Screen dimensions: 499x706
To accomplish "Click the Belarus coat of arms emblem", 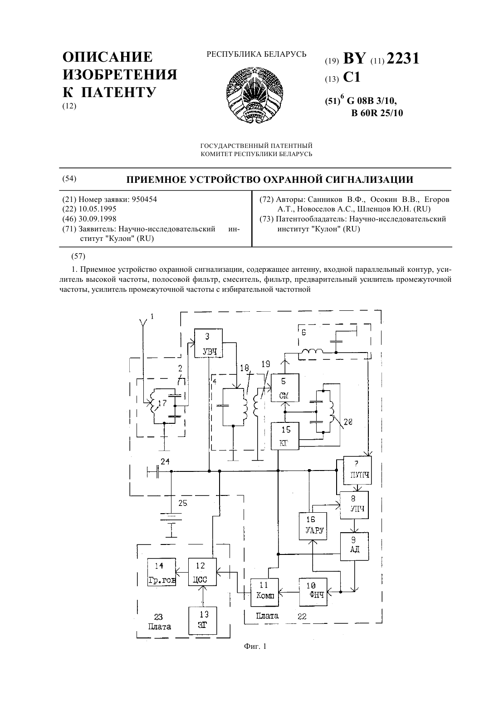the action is (254, 95).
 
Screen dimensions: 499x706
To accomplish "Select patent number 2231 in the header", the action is (403, 59).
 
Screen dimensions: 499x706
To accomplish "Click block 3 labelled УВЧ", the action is (208, 343).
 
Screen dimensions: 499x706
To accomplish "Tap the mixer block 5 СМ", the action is (285, 387).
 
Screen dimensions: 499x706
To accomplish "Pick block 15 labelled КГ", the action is (285, 436).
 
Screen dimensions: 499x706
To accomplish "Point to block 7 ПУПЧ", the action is (357, 470).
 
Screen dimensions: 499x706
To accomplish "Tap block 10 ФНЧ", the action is (313, 592).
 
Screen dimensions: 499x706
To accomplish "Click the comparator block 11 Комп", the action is (264, 592).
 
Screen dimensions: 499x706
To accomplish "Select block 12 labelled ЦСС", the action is (202, 572).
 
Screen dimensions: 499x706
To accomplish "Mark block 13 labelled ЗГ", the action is (203, 621).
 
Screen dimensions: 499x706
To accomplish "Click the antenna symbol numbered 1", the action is (143, 328).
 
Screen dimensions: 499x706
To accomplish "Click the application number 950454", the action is (144, 199).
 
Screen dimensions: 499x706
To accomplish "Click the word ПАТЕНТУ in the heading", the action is (118, 92).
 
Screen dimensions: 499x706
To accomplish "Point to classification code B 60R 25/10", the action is (377, 113).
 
